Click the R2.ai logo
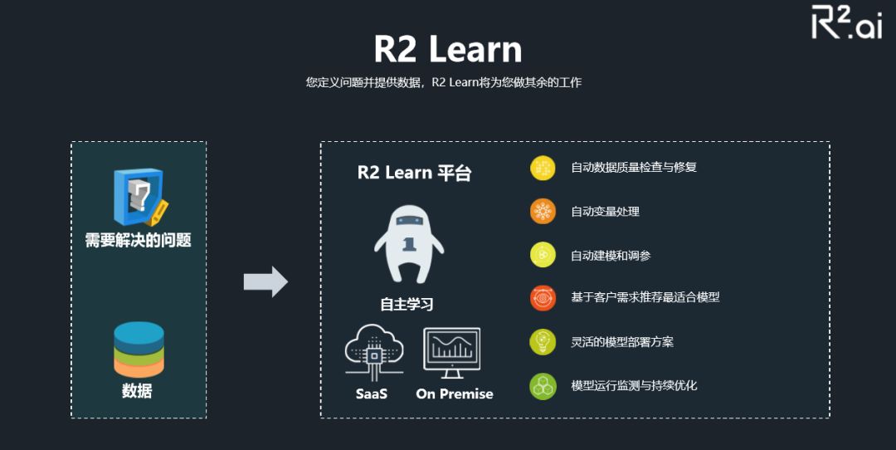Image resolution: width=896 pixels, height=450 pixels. [x=845, y=23]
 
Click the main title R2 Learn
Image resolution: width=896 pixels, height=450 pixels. [x=447, y=49]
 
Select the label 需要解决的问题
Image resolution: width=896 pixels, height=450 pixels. [x=139, y=241]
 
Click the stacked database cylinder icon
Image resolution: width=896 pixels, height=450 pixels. [x=139, y=349]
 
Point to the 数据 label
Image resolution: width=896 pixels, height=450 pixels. [x=138, y=390]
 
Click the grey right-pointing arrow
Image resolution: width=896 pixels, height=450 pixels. [x=265, y=282]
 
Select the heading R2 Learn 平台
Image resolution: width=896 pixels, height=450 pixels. [x=414, y=173]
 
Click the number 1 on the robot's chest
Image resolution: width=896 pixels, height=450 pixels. [x=408, y=244]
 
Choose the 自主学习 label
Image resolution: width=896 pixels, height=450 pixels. [x=407, y=304]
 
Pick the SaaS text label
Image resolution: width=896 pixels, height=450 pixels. [x=372, y=394]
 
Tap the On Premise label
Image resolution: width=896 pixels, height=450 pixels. [x=455, y=394]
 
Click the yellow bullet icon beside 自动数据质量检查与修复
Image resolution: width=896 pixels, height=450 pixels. [x=543, y=168]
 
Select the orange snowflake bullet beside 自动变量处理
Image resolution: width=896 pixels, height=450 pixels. [x=543, y=212]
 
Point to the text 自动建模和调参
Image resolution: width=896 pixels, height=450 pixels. [x=611, y=256]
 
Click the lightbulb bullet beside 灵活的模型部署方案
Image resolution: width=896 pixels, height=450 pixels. [x=543, y=342]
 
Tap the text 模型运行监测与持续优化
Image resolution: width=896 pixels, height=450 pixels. [x=634, y=386]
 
